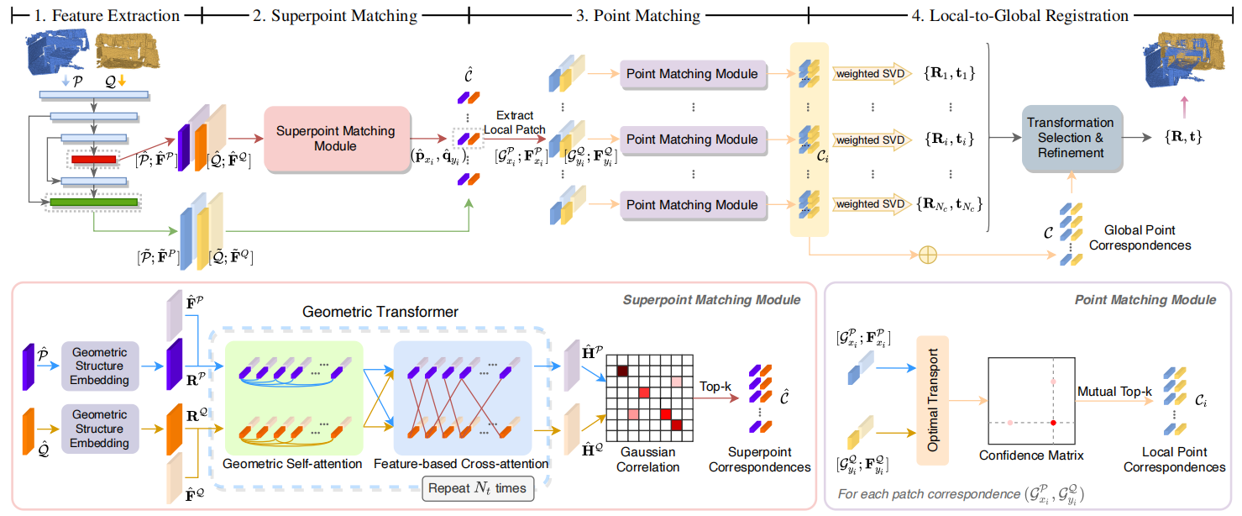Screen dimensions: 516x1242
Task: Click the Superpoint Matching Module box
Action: (x=336, y=139)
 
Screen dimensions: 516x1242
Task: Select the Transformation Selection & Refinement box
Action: (x=1071, y=137)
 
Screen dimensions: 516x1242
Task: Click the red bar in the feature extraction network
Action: (x=93, y=159)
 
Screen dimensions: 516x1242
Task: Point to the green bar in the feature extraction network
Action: (x=93, y=202)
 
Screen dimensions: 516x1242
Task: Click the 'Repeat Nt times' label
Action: (x=476, y=487)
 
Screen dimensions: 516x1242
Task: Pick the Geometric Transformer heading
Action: (x=380, y=312)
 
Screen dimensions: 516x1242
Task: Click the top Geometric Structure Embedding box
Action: (x=99, y=366)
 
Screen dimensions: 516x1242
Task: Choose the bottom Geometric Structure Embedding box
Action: (x=99, y=429)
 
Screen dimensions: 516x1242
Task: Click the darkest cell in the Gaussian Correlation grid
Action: (x=622, y=371)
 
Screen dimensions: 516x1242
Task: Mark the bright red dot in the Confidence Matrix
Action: (x=1053, y=421)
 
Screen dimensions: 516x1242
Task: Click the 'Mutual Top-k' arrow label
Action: (x=1114, y=392)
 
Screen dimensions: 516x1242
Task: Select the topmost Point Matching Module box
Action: (x=692, y=74)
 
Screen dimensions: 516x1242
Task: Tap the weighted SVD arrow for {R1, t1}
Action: (x=869, y=75)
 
